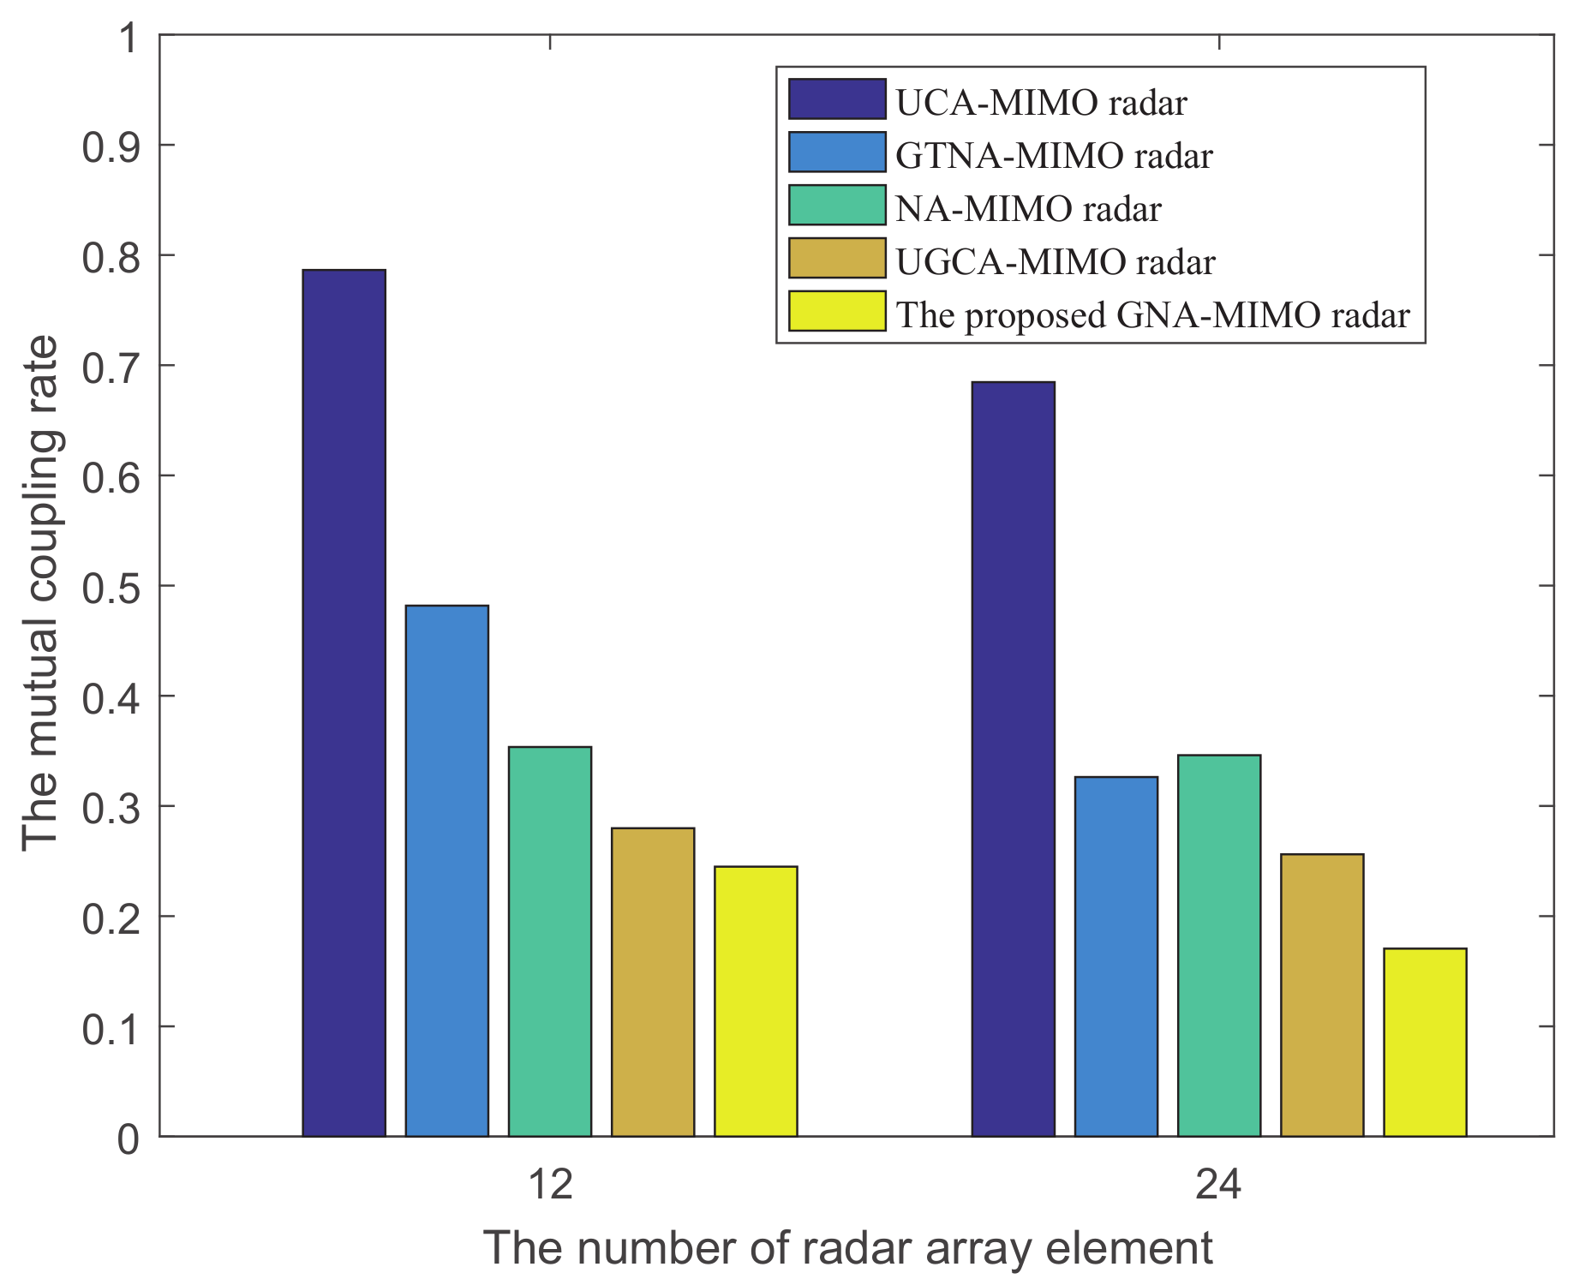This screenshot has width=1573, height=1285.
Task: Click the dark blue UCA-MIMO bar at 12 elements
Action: [344, 702]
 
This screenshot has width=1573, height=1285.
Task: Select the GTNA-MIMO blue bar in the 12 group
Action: [446, 870]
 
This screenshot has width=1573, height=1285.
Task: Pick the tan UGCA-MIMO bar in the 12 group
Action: [653, 982]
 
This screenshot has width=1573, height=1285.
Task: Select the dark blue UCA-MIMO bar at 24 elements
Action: [1013, 759]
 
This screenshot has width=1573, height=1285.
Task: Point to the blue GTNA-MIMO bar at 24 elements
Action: [1115, 956]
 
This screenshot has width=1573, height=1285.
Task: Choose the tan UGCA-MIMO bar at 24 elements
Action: [1322, 995]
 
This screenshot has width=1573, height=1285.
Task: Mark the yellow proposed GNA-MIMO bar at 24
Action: [1425, 1042]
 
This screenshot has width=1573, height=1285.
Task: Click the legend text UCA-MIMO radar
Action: [1041, 104]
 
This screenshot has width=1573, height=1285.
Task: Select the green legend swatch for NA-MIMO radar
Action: [836, 206]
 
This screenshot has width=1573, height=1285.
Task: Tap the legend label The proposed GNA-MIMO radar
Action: [1152, 315]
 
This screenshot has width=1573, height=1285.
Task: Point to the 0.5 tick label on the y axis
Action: [111, 586]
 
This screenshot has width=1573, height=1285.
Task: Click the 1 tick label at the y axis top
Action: [129, 38]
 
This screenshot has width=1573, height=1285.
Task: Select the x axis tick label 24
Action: [1217, 1186]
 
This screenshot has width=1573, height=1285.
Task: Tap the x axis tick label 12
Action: [549, 1186]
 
